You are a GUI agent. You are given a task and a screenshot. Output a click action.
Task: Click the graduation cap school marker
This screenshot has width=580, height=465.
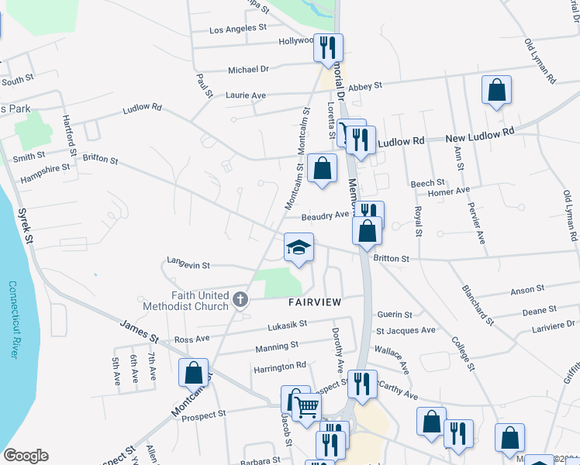click(299, 248)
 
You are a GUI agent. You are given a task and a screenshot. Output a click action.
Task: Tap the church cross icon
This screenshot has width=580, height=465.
click(240, 298)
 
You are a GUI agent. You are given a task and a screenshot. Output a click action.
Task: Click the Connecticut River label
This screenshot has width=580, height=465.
click(13, 318)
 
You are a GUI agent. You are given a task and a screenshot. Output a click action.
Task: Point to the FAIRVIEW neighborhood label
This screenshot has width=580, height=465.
click(315, 302)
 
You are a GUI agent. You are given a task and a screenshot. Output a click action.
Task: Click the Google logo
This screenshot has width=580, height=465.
click(26, 456)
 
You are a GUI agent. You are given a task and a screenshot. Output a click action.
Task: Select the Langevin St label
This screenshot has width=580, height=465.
click(188, 265)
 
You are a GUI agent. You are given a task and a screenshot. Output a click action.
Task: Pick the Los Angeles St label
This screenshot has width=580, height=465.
click(238, 30)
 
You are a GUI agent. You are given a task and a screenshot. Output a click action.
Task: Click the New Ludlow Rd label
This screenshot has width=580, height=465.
click(481, 135)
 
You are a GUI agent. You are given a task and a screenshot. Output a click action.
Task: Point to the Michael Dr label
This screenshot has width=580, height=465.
click(248, 70)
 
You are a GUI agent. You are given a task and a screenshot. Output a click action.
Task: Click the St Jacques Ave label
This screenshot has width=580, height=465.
click(406, 331)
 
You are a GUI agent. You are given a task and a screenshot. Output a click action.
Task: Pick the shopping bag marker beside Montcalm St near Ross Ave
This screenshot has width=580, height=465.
click(193, 373)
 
